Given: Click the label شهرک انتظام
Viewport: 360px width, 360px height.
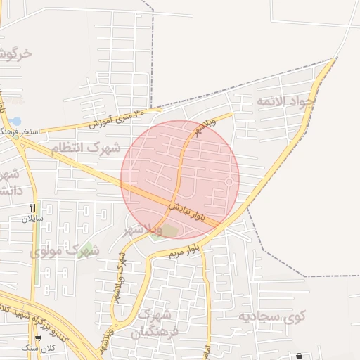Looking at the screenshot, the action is point(85,148).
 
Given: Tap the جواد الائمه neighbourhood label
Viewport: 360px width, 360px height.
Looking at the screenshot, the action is point(286,102).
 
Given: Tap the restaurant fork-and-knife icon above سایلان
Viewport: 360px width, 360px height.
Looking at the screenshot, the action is point(32,207).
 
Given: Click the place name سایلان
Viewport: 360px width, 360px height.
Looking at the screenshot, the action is point(32,218).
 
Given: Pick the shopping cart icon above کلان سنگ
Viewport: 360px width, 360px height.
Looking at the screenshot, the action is point(37,338).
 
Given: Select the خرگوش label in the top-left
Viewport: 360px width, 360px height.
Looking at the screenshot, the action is point(15,53).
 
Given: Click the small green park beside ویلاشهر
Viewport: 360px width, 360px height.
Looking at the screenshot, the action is point(169,230).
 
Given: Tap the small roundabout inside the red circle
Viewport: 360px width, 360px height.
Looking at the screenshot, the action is point(229,181).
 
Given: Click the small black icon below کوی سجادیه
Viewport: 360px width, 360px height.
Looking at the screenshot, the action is point(300,356).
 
